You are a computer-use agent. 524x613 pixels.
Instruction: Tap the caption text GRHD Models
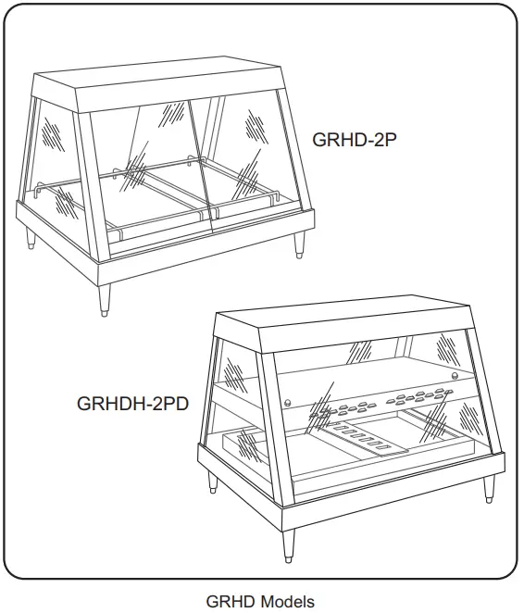[260, 601]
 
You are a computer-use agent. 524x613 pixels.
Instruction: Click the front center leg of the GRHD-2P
[105, 298]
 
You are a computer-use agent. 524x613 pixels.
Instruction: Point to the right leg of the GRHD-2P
[300, 244]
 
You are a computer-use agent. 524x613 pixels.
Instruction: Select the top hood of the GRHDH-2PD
[356, 326]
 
